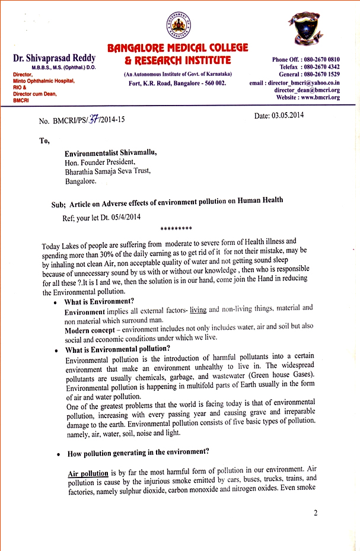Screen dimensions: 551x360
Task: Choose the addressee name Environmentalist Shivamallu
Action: click(111, 153)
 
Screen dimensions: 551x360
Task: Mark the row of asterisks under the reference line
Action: click(176, 228)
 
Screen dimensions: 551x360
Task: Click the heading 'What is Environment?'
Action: click(99, 301)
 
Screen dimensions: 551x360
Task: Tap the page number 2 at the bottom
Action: click(316, 513)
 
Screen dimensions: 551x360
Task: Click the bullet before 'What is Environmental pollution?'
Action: click(55, 350)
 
